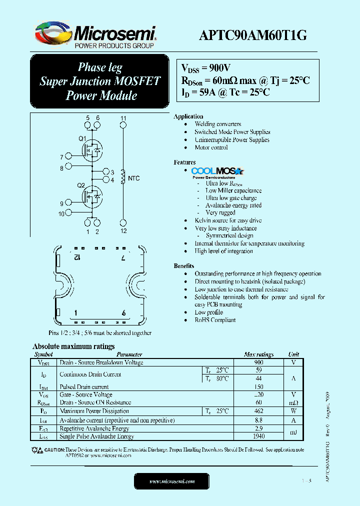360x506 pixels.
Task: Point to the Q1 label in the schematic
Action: click(x=82, y=138)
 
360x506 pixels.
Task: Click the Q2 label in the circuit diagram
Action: click(x=81, y=185)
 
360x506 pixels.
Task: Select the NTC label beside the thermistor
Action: click(x=133, y=178)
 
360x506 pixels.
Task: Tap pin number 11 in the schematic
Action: click(x=123, y=118)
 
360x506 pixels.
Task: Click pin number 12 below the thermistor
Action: click(x=123, y=231)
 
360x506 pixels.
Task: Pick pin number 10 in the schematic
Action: click(x=61, y=213)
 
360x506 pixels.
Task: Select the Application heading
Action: click(x=188, y=116)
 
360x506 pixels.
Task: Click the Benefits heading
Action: click(x=184, y=266)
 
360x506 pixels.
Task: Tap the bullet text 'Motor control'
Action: click(x=211, y=147)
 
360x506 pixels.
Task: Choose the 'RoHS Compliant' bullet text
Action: click(x=215, y=320)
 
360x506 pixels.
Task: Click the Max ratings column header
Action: click(x=258, y=354)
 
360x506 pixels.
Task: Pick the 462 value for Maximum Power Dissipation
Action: click(x=258, y=411)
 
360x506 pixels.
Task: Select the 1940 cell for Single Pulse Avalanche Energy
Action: click(x=258, y=436)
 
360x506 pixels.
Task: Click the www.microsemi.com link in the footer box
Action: click(x=172, y=481)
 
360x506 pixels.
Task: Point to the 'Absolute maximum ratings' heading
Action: click(x=73, y=346)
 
